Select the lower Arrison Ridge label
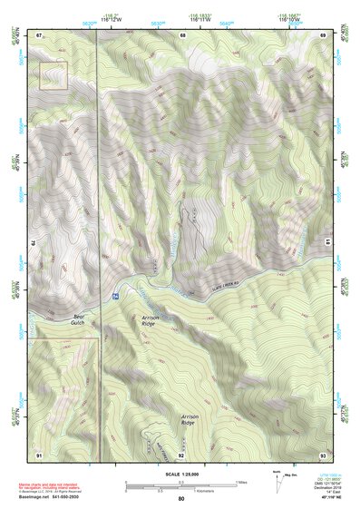188,421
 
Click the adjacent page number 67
40,35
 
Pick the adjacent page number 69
323,35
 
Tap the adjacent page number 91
40,453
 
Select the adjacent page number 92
181,453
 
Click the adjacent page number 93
323,453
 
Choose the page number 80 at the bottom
181,498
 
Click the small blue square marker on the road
115,297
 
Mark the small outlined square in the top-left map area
54,75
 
